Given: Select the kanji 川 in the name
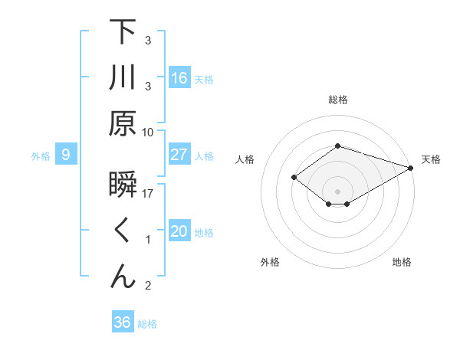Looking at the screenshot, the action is (x=123, y=77).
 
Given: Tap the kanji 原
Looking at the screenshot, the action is (x=123, y=123).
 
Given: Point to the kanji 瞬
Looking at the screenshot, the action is (x=123, y=186).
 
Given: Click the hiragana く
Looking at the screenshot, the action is (x=123, y=231).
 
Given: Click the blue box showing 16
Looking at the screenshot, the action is (x=179, y=77).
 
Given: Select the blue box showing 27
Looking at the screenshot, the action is (x=179, y=155).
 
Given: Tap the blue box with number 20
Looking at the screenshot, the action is (x=179, y=232).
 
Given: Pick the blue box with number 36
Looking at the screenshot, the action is (x=122, y=322).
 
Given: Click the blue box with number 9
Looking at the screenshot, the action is (x=66, y=155).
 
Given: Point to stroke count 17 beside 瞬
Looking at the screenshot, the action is (x=148, y=194).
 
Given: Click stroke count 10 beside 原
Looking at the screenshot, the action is (x=148, y=132).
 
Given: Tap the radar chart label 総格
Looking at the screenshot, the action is (x=338, y=100).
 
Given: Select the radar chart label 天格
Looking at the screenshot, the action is (x=431, y=159).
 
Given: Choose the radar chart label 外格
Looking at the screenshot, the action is (x=270, y=262).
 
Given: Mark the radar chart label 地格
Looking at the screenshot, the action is (x=402, y=262).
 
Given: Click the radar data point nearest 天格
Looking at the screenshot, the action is (x=412, y=167).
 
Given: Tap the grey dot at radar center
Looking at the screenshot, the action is (x=338, y=191).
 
